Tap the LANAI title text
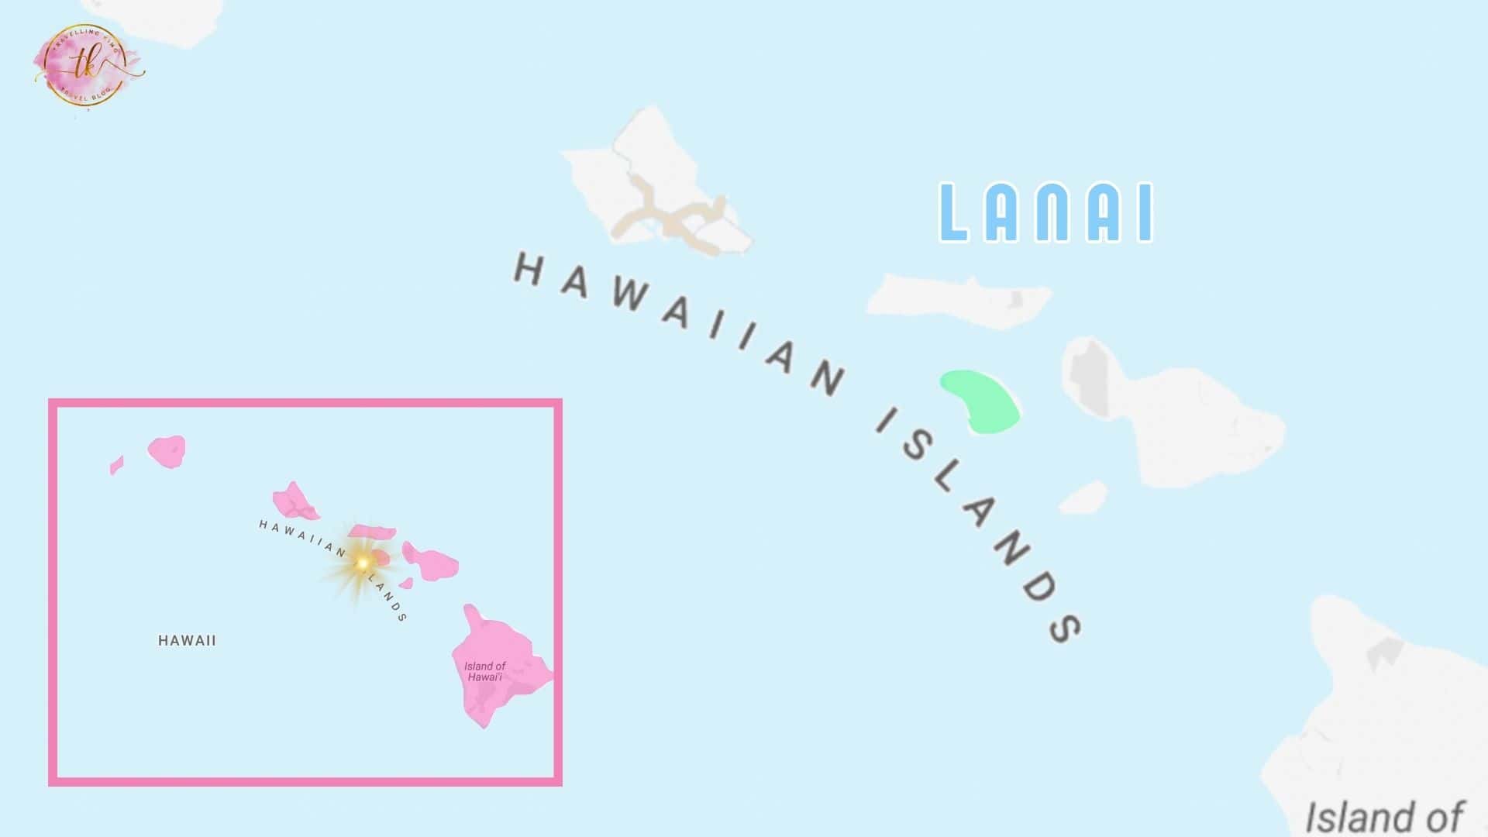(x=1046, y=213)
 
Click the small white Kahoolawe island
(x=1084, y=498)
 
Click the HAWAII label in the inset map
(x=187, y=641)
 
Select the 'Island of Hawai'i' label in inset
(x=484, y=671)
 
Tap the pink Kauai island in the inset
(x=167, y=451)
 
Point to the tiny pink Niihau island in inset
(x=116, y=466)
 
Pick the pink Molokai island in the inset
(x=372, y=532)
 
